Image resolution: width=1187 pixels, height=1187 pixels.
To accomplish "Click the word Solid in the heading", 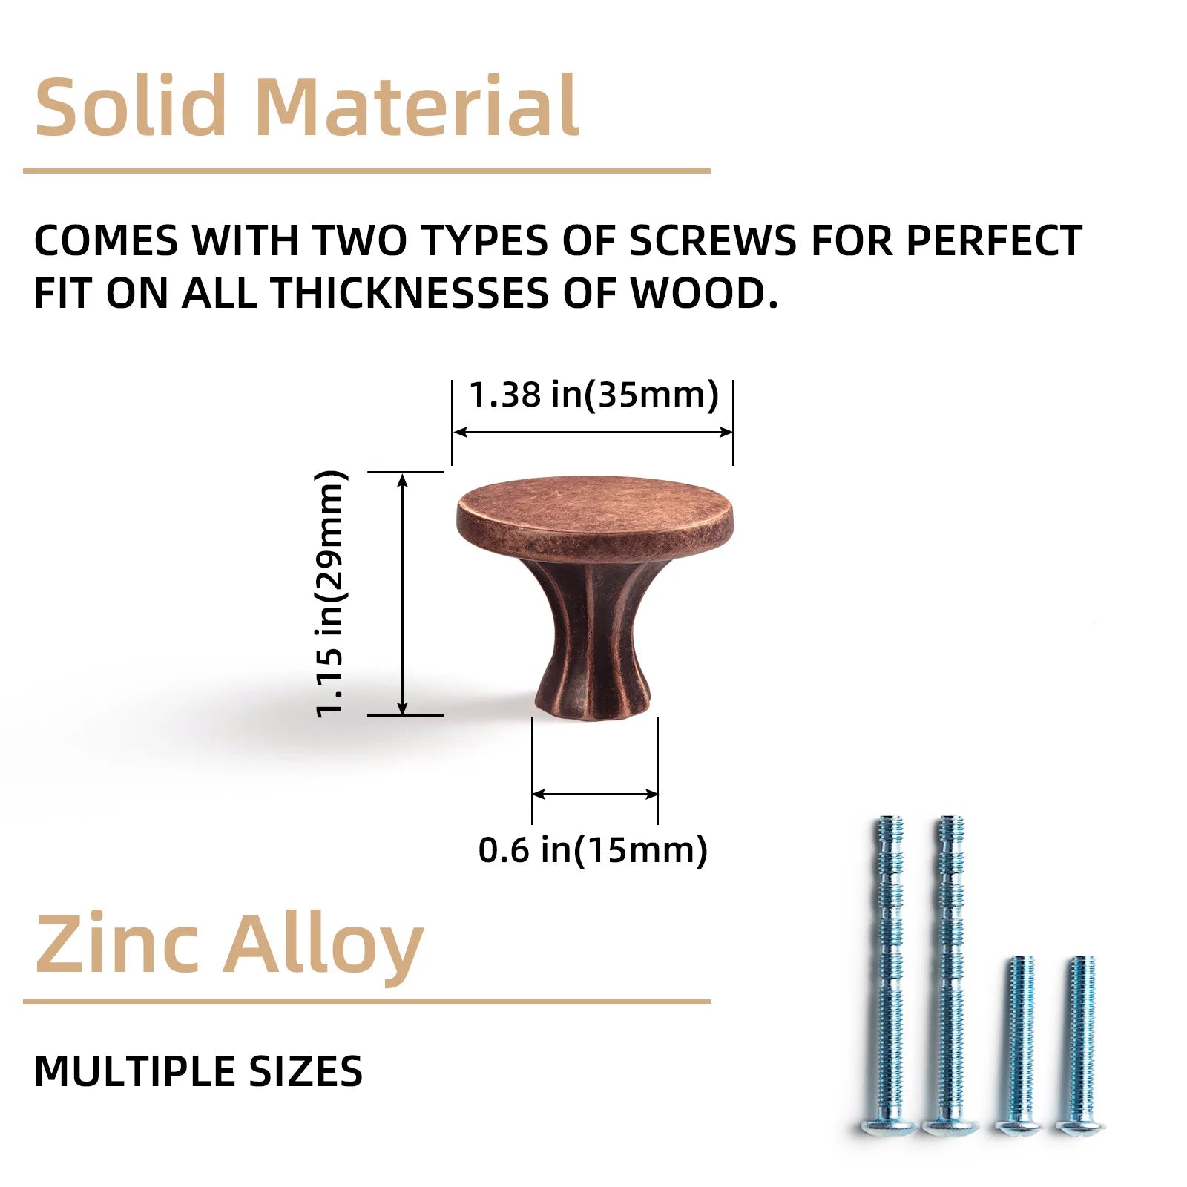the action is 131,105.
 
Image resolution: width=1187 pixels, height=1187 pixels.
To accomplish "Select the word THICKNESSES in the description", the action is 410,293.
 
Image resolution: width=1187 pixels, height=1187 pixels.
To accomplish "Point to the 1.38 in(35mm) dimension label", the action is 594,394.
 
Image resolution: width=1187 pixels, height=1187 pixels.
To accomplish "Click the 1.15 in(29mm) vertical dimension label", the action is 330,593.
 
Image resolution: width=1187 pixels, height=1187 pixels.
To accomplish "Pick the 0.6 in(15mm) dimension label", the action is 593,849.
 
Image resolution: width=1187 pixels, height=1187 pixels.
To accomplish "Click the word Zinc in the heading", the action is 118,944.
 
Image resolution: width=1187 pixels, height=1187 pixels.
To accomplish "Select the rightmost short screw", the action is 1081,1045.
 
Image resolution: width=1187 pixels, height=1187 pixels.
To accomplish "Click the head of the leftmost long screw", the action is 890,1126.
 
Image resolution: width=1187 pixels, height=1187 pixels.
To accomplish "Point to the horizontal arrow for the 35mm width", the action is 593,432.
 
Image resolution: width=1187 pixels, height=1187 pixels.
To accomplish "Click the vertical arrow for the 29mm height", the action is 403,593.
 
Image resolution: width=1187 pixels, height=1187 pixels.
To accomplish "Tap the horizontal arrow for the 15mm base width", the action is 595,795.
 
